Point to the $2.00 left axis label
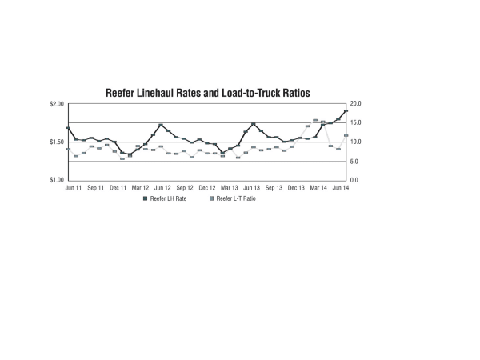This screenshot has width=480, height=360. [x=56, y=104]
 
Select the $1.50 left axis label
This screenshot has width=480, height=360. [x=56, y=142]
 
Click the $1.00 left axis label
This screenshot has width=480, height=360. [x=56, y=180]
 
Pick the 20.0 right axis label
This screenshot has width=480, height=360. [x=356, y=104]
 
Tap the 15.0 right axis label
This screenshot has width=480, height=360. [x=356, y=123]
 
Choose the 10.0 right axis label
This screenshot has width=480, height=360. [x=356, y=142]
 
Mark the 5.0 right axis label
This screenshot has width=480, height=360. [x=354, y=162]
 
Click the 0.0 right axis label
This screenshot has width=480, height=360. [x=354, y=180]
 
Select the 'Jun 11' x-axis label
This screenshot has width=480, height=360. [x=73, y=187]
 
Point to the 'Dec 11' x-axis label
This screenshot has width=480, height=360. [x=118, y=187]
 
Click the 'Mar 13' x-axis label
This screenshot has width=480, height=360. [x=230, y=187]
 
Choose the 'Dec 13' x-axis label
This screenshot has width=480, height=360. [x=297, y=187]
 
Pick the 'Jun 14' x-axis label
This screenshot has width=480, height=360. [x=341, y=187]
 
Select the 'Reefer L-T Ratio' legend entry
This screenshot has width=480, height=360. [x=234, y=198]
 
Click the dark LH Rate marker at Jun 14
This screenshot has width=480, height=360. [x=346, y=111]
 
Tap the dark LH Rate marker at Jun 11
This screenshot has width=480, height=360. [x=68, y=128]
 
